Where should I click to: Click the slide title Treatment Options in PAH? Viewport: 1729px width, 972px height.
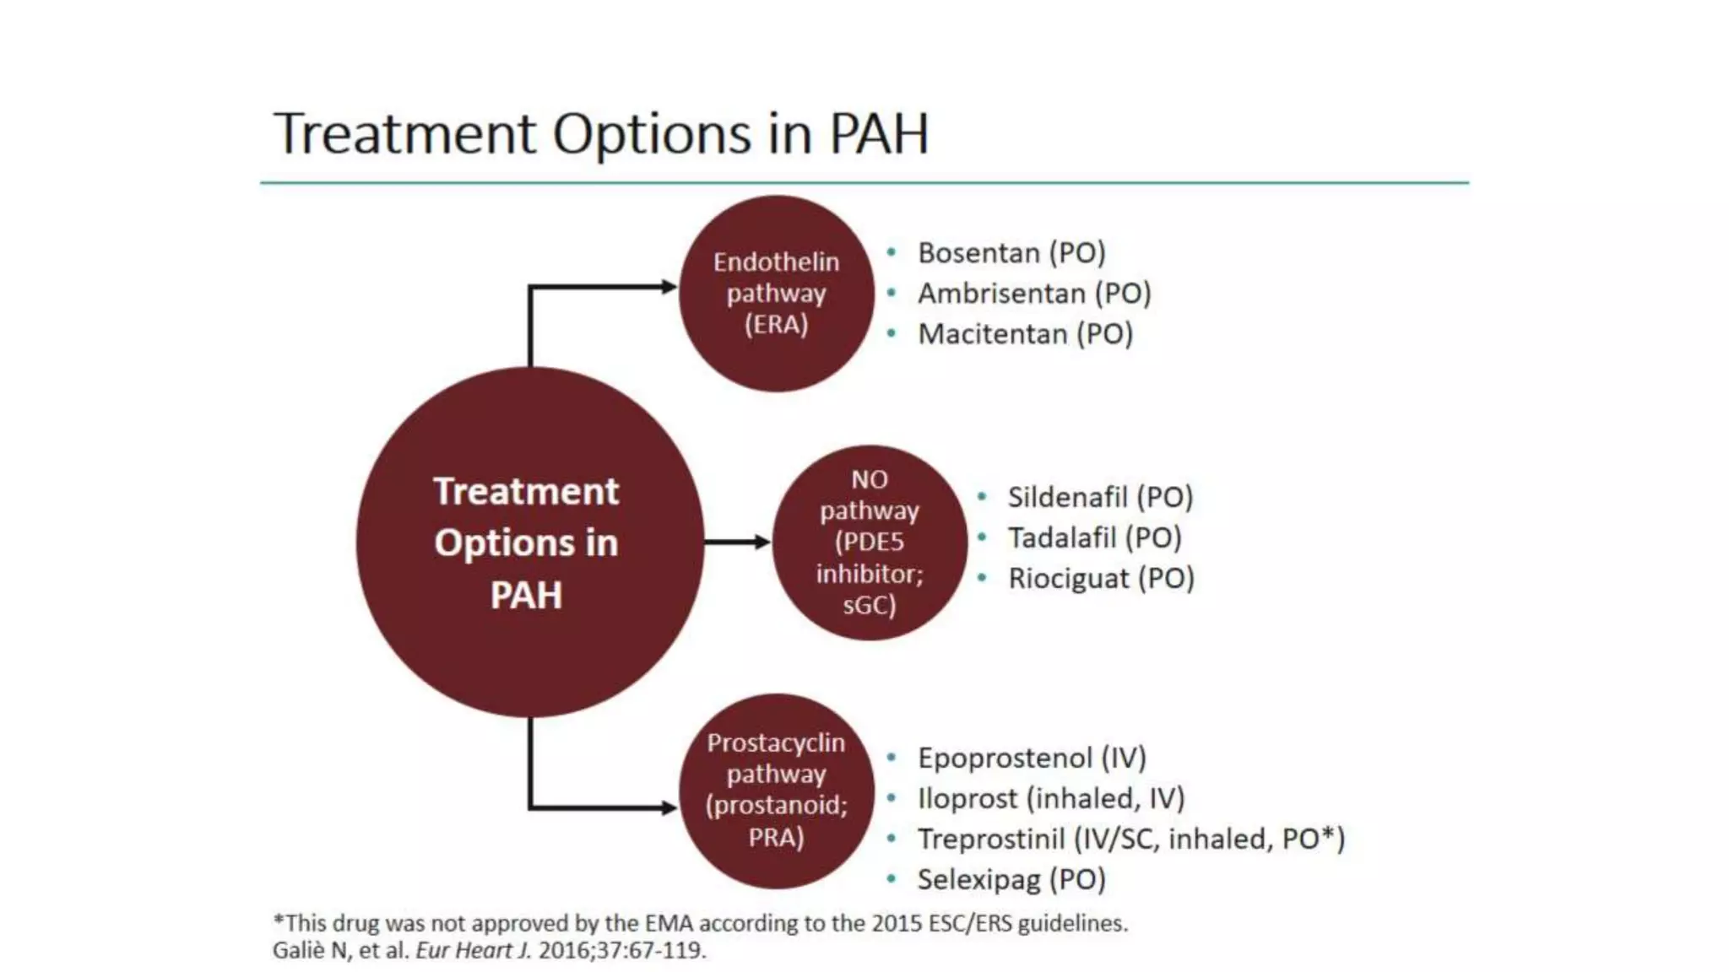[x=600, y=133]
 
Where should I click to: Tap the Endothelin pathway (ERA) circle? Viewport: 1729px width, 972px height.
[x=776, y=294]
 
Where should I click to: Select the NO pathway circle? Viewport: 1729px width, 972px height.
[x=869, y=543]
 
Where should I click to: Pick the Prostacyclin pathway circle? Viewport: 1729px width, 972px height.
[x=776, y=791]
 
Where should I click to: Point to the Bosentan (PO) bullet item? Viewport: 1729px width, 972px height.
[x=1011, y=253]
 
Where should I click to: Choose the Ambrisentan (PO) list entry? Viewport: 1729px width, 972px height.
[x=1034, y=294]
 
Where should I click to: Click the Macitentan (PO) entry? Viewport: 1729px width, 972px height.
[x=1025, y=334]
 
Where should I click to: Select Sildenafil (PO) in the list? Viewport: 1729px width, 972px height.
[x=1100, y=497]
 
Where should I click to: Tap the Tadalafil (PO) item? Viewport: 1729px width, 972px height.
[x=1094, y=537]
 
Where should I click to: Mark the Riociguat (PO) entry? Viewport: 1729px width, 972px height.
[x=1101, y=579]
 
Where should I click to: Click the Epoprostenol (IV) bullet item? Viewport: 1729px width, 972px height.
[x=1032, y=758]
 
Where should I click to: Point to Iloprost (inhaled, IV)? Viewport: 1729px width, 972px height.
[x=1051, y=798]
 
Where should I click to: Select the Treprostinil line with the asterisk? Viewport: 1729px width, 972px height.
[x=1130, y=839]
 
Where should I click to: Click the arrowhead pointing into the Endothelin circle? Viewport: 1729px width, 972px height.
[x=669, y=287]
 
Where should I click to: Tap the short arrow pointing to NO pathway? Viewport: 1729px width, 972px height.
[x=737, y=542]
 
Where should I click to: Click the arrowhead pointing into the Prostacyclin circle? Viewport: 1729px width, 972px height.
[x=669, y=807]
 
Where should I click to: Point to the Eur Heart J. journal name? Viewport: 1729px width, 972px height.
[x=474, y=950]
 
